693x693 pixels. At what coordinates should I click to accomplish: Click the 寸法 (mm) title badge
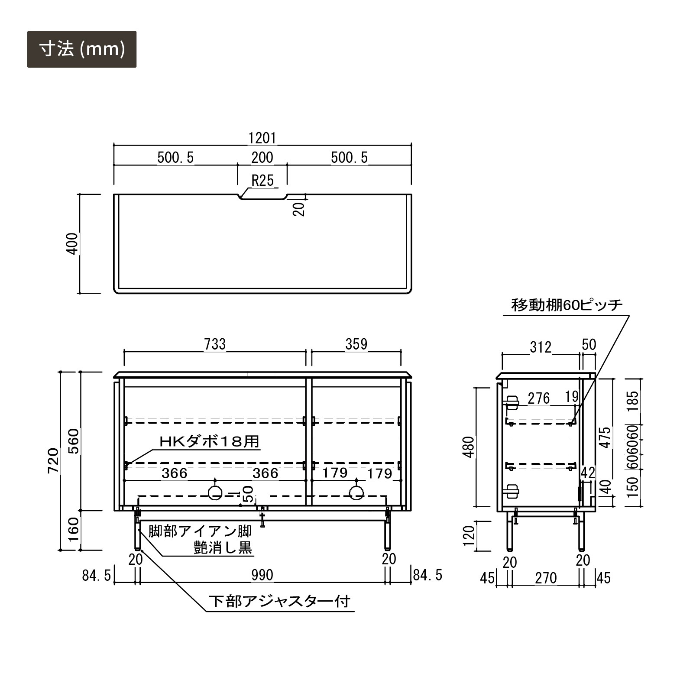[82, 49]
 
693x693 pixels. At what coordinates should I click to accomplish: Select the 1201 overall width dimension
[262, 138]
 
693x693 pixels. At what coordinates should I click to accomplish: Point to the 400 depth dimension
[73, 243]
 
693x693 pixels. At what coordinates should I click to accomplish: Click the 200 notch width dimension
[262, 157]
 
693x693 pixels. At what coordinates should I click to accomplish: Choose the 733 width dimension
[215, 344]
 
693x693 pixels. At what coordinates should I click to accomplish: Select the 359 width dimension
[356, 344]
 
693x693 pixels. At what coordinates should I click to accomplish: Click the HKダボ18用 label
[210, 442]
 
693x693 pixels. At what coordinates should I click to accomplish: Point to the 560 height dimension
[74, 441]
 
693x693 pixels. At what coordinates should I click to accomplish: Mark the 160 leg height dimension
[74, 529]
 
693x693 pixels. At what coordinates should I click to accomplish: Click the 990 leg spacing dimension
[262, 575]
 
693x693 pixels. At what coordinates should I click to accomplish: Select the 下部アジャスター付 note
[279, 601]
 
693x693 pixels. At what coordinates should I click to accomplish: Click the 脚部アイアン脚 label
[200, 531]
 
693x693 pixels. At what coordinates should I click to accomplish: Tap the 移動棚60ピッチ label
[567, 305]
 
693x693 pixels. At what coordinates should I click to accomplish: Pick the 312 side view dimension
[541, 347]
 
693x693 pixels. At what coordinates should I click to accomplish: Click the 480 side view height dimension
[469, 447]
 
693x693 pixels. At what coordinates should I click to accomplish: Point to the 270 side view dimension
[546, 578]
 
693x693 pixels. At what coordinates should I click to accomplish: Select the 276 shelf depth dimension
[539, 398]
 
